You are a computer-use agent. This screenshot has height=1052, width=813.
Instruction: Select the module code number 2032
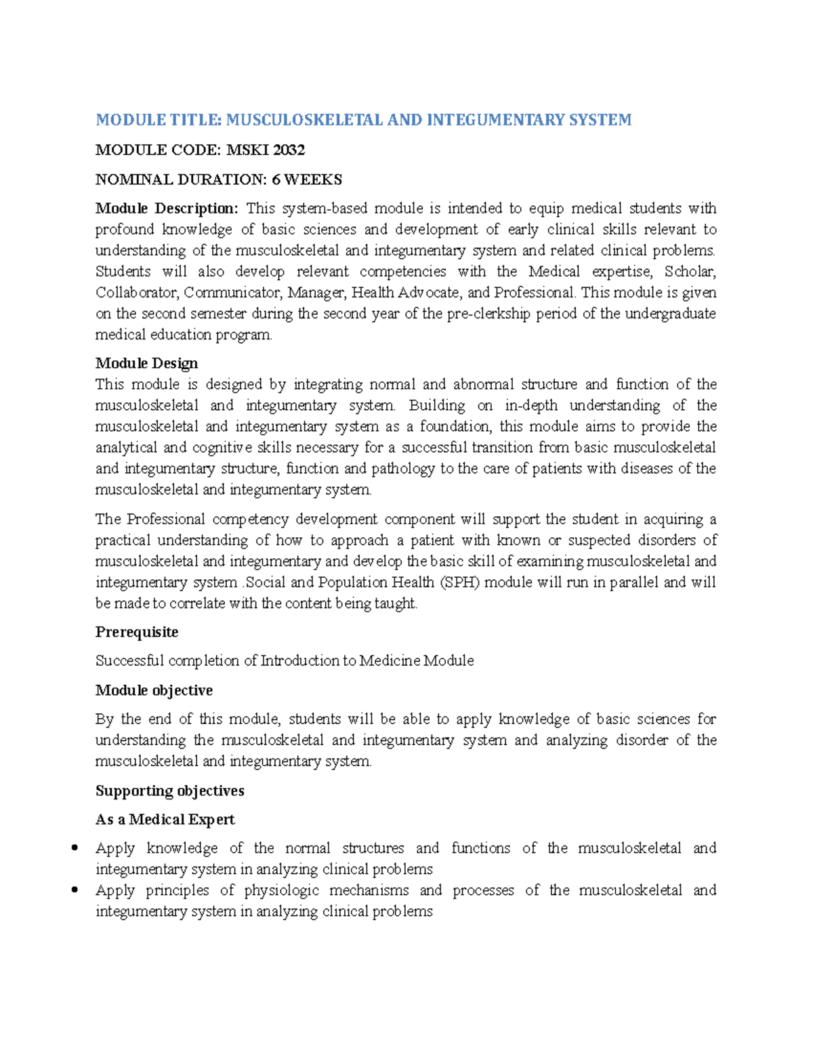pyautogui.click(x=289, y=150)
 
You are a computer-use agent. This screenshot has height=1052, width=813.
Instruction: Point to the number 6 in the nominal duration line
pyautogui.click(x=276, y=180)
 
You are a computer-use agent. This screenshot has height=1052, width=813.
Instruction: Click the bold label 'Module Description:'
pyautogui.click(x=167, y=208)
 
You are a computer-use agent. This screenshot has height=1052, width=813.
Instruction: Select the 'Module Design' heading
pyautogui.click(x=146, y=364)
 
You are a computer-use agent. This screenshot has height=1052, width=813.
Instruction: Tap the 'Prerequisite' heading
pyautogui.click(x=137, y=632)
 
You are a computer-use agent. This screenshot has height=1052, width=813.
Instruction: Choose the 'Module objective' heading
pyautogui.click(x=154, y=690)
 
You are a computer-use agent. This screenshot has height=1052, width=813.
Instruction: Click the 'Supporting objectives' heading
pyautogui.click(x=169, y=791)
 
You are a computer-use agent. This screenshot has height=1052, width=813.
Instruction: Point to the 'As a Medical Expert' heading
pyautogui.click(x=165, y=820)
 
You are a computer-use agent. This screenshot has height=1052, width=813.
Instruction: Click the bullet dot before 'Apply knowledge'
pyautogui.click(x=75, y=848)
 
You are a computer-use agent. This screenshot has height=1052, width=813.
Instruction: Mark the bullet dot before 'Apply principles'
pyautogui.click(x=75, y=890)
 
